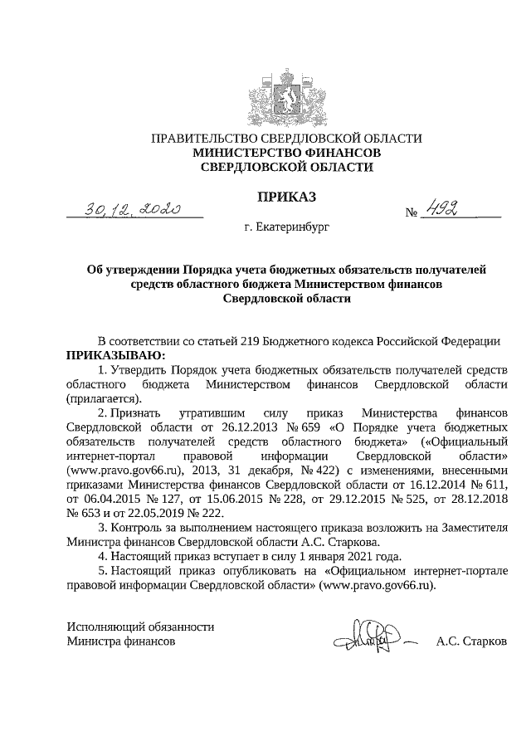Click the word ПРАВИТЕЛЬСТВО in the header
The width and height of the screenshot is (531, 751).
tap(198, 139)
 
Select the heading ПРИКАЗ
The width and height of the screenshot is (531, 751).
tap(287, 198)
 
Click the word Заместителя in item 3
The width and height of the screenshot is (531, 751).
tap(472, 528)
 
